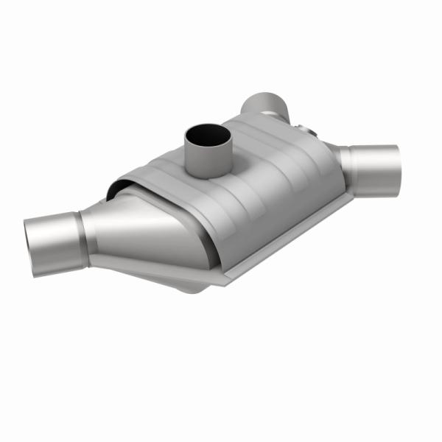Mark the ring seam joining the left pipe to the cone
coord(83,232)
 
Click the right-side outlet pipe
coord(372,168)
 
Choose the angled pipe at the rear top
coord(265,107)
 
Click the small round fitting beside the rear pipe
coord(307,132)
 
